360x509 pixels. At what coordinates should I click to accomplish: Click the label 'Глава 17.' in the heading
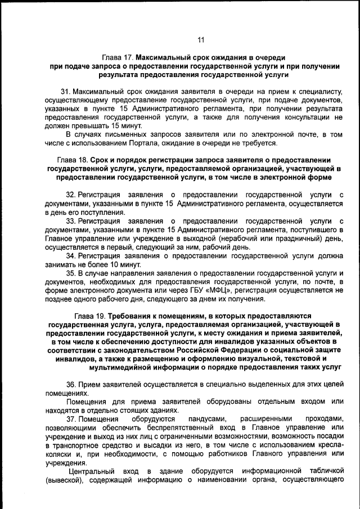click(x=118, y=58)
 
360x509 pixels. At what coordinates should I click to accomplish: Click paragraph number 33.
click(x=71, y=220)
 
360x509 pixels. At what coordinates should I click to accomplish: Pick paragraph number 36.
click(x=71, y=384)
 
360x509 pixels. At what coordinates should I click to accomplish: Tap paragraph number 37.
click(x=71, y=419)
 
